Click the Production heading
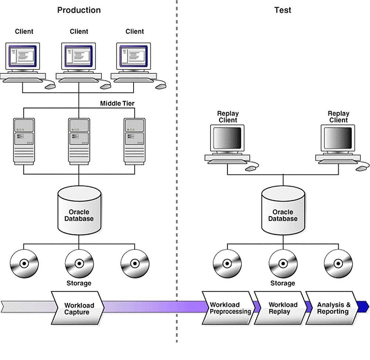[x=79, y=10]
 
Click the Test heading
[x=282, y=10]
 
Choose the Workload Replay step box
[x=282, y=308]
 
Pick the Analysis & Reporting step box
[x=333, y=308]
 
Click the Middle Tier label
[x=117, y=103]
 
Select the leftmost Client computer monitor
[x=23, y=57]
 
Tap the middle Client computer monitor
[x=78, y=57]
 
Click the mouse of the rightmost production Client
[x=161, y=86]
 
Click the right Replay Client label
[x=338, y=117]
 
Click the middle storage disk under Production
[x=79, y=264]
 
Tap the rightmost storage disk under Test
[x=338, y=264]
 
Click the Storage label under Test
[x=282, y=283]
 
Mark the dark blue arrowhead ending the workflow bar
[x=364, y=306]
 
